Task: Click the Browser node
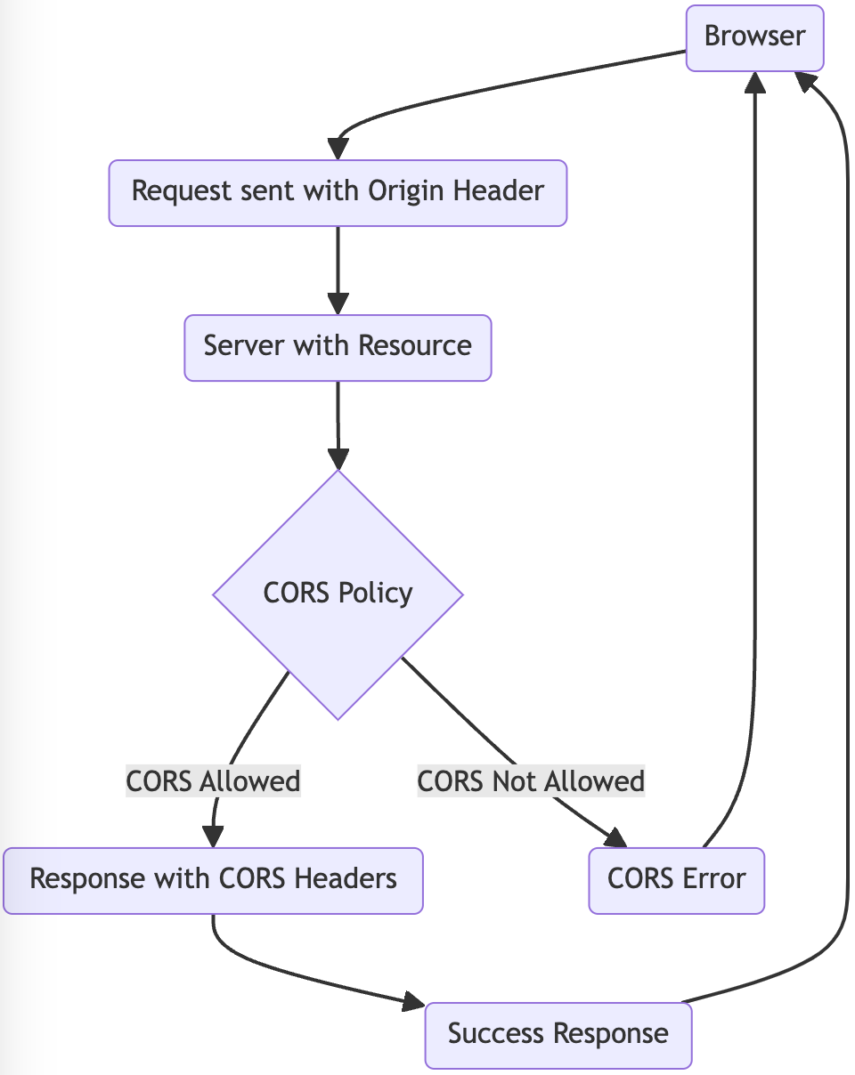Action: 754,36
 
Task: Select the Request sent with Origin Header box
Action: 338,192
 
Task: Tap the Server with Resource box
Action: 338,347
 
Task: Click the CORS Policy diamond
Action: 338,594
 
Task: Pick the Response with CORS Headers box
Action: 213,880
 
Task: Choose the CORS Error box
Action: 676,880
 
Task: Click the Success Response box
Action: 558,1035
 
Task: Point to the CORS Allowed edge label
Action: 213,781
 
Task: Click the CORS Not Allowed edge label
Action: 531,781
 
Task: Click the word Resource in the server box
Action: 414,346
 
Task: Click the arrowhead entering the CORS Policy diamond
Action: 338,459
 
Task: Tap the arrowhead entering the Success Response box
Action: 412,1003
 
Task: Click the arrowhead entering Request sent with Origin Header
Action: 338,149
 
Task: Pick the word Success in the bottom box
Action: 498,1034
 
